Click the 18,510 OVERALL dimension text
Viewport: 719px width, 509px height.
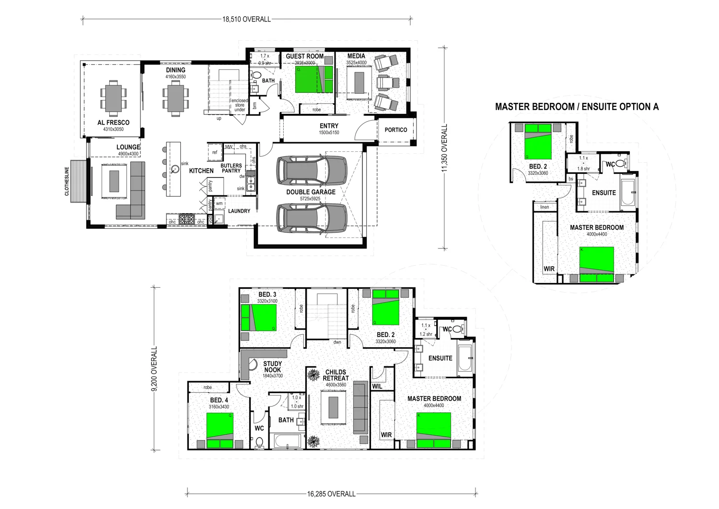click(246, 20)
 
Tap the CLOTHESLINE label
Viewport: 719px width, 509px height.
click(67, 181)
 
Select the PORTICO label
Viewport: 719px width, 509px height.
click(396, 130)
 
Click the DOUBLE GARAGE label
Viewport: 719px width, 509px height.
click(311, 192)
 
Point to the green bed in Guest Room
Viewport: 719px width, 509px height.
click(307, 79)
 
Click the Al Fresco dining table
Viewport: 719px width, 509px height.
click(114, 98)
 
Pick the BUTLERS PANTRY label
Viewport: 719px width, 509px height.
click(231, 168)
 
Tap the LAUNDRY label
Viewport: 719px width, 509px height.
click(239, 211)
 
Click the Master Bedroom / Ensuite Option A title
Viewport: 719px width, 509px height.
click(577, 107)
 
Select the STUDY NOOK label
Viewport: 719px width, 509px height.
click(272, 367)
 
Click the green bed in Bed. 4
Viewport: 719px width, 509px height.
click(220, 426)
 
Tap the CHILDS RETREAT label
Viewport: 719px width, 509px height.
click(336, 375)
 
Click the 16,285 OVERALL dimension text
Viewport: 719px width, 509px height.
click(331, 494)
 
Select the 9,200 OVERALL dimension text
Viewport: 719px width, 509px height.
click(154, 369)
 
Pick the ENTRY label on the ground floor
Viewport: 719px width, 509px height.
click(329, 126)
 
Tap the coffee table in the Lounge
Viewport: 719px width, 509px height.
click(114, 181)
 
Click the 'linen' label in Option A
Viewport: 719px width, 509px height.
click(545, 207)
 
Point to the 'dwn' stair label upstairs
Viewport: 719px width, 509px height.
click(337, 342)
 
